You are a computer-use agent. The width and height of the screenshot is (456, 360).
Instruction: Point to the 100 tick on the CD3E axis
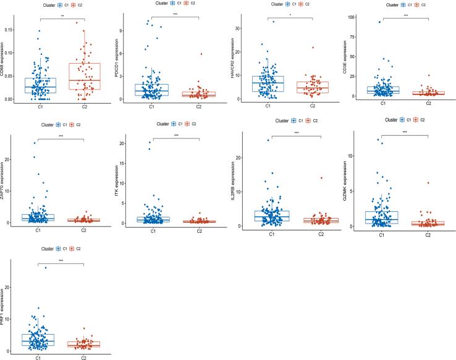coord(355,17)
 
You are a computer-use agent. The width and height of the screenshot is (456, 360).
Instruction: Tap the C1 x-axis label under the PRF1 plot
coord(38,356)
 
